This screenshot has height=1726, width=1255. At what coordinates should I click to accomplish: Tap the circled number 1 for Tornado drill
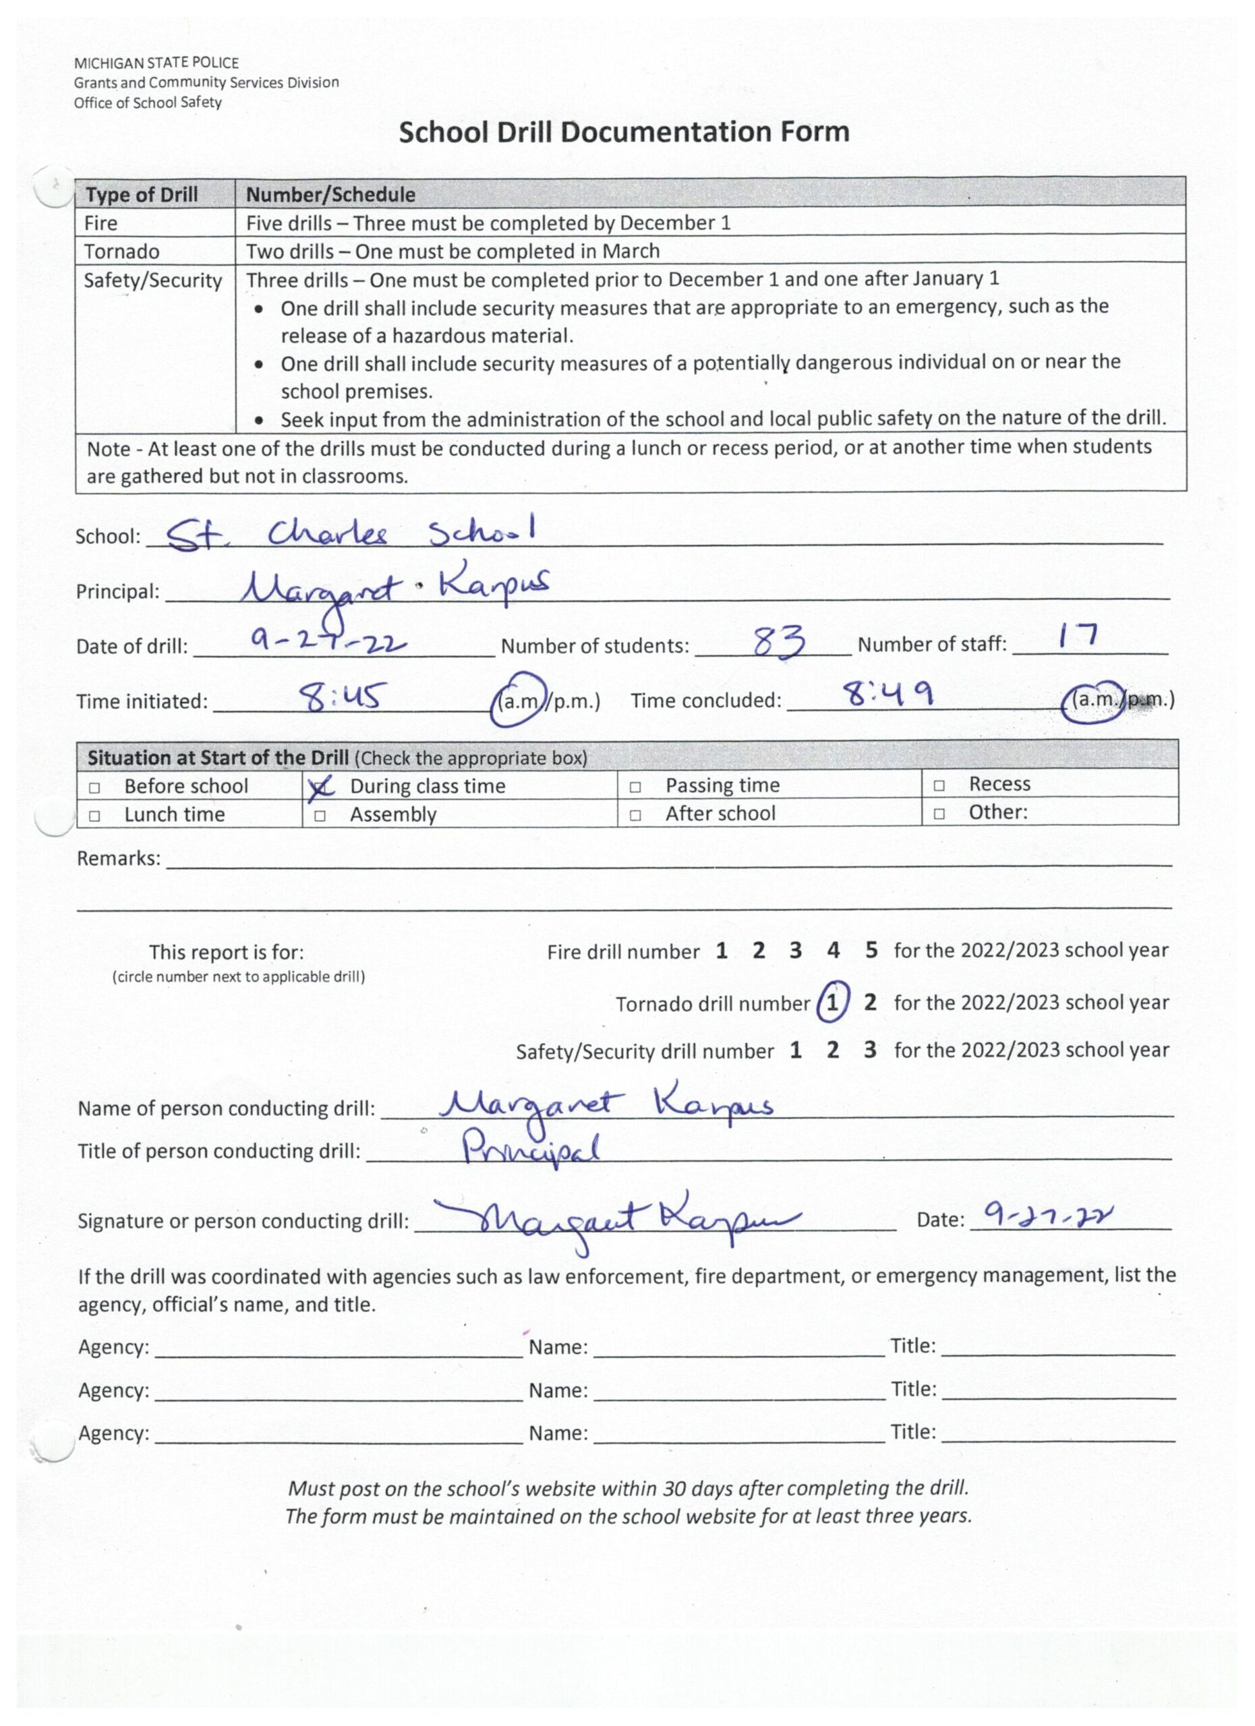click(832, 1004)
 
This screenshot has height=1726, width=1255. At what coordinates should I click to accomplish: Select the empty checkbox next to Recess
click(939, 785)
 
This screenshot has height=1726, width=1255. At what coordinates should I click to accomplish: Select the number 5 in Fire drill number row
click(871, 951)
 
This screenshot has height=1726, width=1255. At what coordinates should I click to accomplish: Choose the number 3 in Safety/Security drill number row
click(870, 1050)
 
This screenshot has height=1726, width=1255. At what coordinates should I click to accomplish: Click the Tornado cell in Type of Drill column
click(122, 252)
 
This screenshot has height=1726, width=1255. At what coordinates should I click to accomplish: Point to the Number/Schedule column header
click(330, 195)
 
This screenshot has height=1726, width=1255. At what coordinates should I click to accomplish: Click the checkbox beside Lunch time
click(94, 816)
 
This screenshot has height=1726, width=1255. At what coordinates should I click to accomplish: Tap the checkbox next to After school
click(635, 815)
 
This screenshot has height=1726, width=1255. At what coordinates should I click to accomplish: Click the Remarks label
click(119, 859)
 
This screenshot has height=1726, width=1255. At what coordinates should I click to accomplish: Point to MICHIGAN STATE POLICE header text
click(156, 63)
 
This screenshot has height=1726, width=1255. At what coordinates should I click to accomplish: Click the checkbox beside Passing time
click(635, 787)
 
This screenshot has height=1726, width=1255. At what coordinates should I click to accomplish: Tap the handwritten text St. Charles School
click(350, 533)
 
